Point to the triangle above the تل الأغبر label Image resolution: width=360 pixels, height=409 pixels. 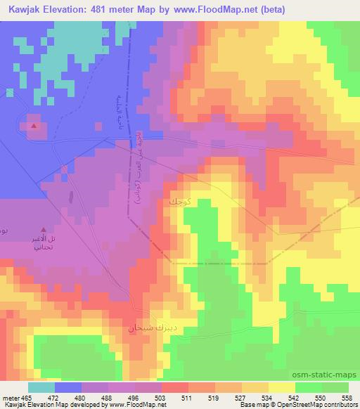tap(45, 229)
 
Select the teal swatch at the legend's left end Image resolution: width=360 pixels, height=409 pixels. tap(41, 387)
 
